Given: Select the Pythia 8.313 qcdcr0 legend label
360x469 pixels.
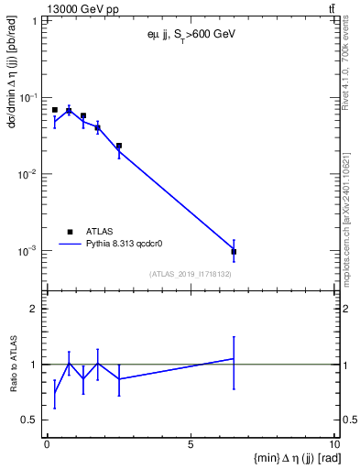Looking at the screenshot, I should coord(125,245).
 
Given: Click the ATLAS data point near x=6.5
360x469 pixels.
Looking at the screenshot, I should coord(234,251).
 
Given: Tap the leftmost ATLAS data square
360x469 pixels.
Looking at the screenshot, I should coord(55,110).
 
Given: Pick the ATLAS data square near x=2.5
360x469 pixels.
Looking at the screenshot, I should coord(119,146).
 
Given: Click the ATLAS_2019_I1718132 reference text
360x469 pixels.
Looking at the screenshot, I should coord(190,273).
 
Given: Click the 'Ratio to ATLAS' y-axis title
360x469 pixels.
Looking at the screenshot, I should coord(14,364).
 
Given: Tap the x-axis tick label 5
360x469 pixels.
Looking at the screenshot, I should coord(191,444).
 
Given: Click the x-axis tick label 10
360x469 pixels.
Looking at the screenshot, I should coord(334,444).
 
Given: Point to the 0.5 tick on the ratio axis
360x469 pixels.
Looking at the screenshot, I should coord(34,420).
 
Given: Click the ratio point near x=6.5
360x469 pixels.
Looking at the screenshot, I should coord(234,358).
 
